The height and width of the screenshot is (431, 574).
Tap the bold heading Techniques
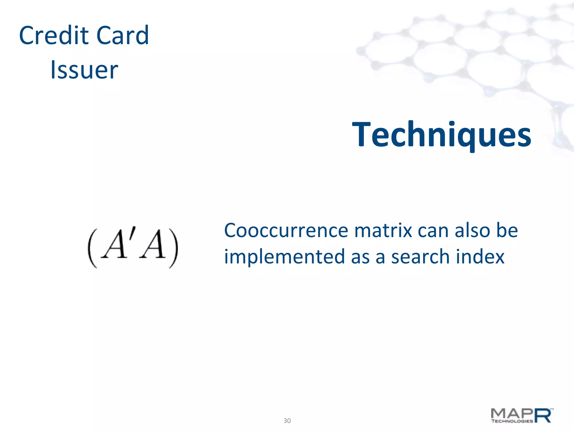pos(441,135)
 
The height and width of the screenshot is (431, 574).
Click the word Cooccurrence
pos(286,231)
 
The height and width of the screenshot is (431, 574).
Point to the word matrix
pos(383,231)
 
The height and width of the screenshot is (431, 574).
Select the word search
pos(420,257)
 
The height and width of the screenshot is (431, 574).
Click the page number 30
pos(287,421)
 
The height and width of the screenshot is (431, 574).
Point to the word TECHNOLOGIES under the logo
pos(512,421)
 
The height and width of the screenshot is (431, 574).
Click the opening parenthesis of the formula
pos(92,248)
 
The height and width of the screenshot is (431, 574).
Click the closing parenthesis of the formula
pos(174,248)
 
